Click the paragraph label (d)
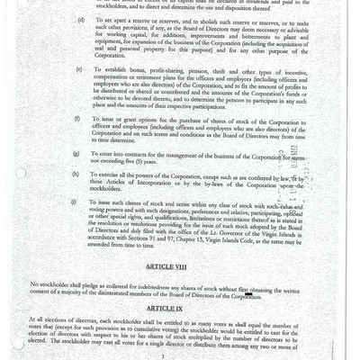[83, 19]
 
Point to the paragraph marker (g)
[83, 154]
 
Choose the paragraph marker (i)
[83, 203]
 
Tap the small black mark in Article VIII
[247, 293]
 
